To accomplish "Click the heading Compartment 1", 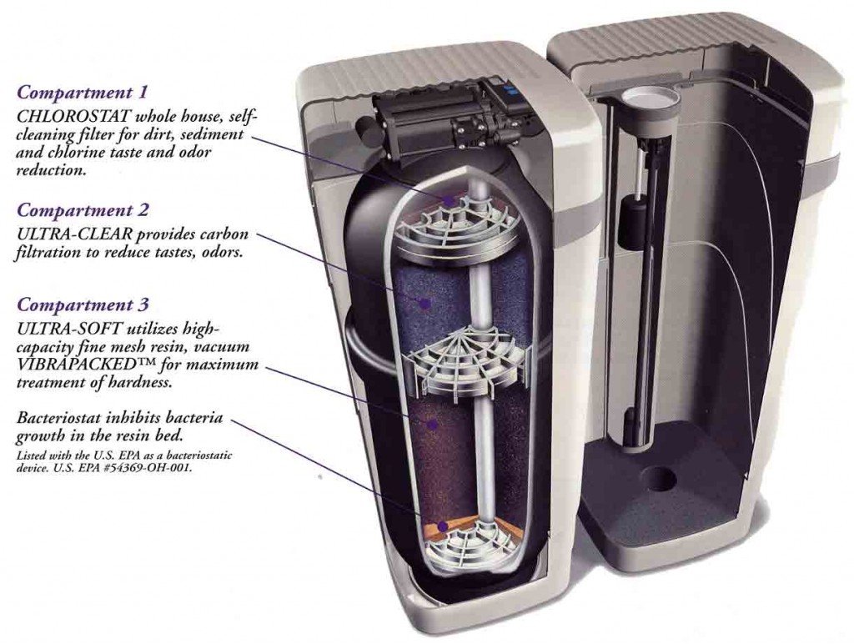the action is [x=83, y=92].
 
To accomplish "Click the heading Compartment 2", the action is [x=83, y=209].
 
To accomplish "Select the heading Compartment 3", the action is [x=83, y=304].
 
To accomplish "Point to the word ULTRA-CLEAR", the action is [x=74, y=234].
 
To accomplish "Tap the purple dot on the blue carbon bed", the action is [x=424, y=301].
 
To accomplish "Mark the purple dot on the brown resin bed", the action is [x=433, y=425].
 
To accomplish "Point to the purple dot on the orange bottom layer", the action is [x=443, y=526].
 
